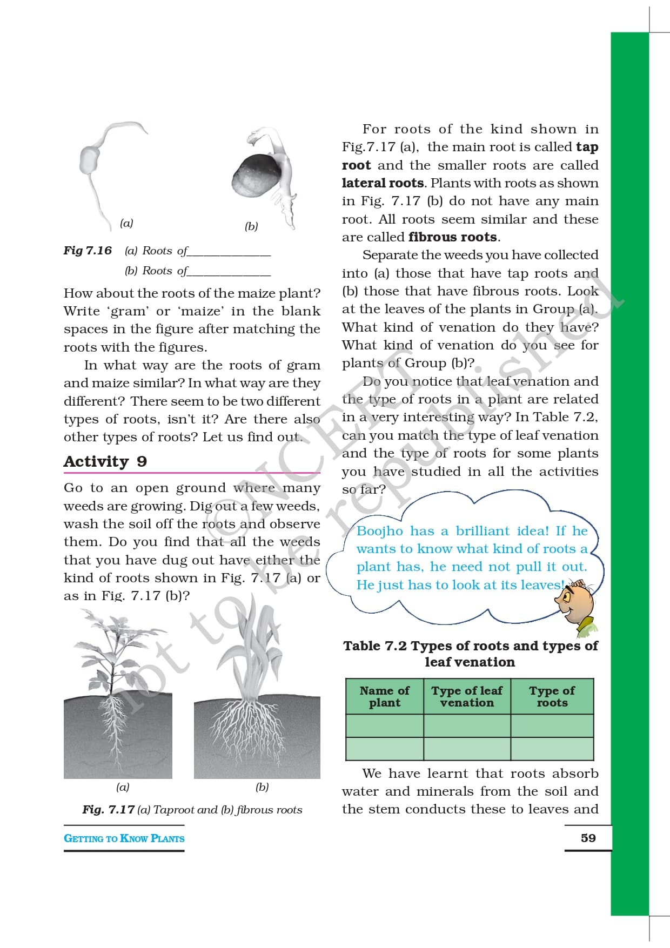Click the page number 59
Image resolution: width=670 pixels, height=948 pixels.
click(x=588, y=838)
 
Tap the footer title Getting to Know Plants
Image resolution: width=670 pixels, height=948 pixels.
click(x=124, y=838)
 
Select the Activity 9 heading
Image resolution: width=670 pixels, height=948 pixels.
click(x=105, y=461)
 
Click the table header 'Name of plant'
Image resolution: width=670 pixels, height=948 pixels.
click(x=385, y=696)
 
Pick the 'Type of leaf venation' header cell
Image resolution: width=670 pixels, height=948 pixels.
click(x=467, y=696)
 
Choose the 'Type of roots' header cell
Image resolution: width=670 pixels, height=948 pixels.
click(x=552, y=696)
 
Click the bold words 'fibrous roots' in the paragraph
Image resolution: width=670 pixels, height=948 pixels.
click(x=453, y=237)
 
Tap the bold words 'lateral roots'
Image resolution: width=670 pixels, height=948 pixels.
click(x=383, y=183)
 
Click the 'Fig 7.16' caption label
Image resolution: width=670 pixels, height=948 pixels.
click(x=88, y=251)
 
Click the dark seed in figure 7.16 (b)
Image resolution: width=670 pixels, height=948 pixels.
click(x=253, y=176)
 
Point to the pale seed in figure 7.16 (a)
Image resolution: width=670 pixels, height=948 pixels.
click(x=90, y=160)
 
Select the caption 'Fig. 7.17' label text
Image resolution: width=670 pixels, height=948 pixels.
click(x=108, y=810)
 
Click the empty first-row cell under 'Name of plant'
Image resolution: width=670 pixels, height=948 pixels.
click(x=385, y=725)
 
